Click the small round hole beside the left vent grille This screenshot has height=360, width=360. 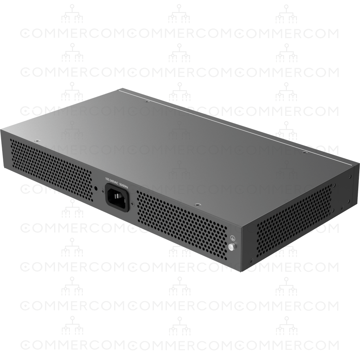point(96,188)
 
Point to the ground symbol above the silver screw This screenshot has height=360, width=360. point(232,238)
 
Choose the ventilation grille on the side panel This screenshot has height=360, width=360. point(293,216)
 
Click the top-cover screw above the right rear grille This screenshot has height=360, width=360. point(197,204)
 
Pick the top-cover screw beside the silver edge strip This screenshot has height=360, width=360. point(145,102)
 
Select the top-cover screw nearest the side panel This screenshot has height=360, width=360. point(305,153)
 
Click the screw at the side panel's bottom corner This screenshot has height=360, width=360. point(251,260)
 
